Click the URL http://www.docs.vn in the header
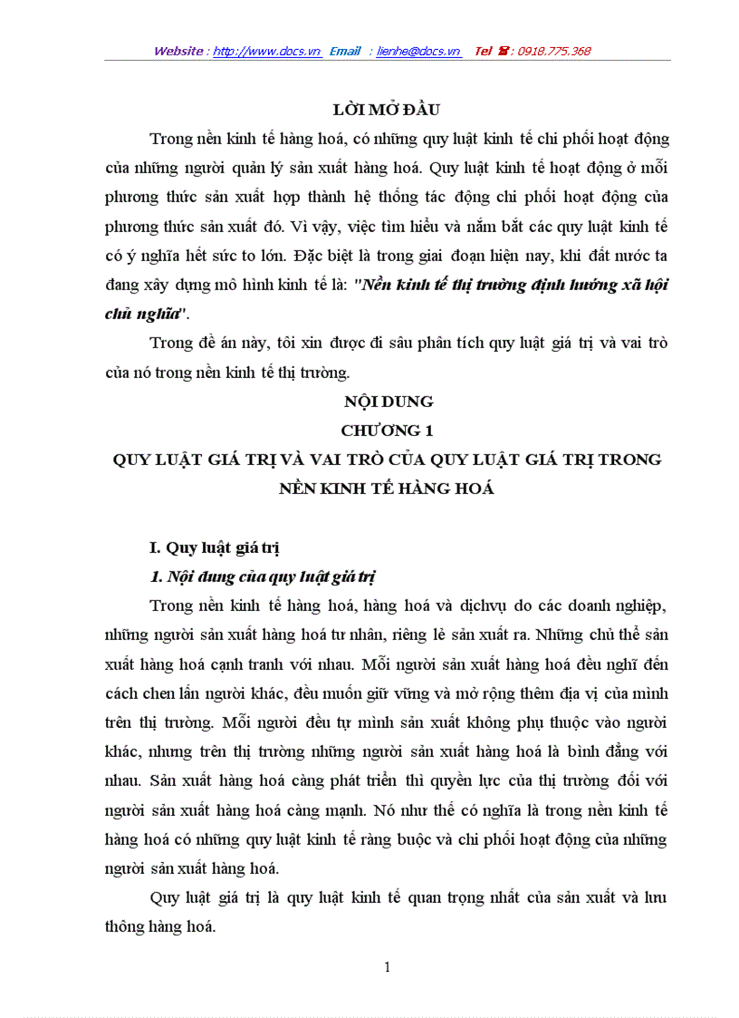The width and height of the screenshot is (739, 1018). click(267, 52)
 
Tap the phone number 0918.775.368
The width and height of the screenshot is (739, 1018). click(553, 52)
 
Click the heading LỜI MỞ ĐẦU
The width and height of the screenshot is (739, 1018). click(387, 110)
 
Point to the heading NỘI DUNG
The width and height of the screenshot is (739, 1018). click(388, 401)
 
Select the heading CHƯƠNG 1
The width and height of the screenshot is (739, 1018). click(387, 430)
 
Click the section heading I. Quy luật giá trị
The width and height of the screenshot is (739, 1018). click(214, 547)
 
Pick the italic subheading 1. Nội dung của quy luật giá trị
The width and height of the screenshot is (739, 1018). click(263, 577)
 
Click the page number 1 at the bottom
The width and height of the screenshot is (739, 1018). click(388, 967)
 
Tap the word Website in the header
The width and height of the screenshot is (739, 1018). click(178, 52)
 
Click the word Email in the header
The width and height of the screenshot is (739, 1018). click(345, 52)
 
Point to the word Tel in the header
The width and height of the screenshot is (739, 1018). click(484, 52)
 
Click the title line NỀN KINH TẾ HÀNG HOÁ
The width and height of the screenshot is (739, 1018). click(388, 488)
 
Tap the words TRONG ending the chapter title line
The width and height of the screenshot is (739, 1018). click(629, 459)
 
